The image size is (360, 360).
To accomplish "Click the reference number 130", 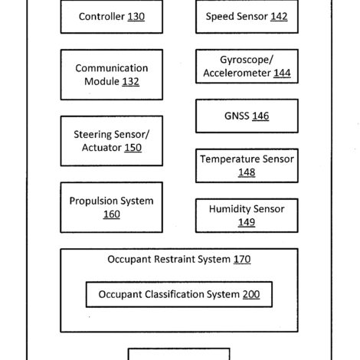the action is [x=136, y=17].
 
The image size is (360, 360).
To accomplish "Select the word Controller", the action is [x=102, y=17].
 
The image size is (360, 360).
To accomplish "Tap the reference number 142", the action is [x=279, y=17].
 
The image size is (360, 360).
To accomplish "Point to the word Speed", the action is [x=221, y=17].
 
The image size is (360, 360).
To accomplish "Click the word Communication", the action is [x=112, y=68].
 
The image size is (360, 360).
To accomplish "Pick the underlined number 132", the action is [x=130, y=82].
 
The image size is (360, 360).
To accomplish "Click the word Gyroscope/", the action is [x=247, y=60].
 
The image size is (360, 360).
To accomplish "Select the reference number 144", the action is [x=282, y=74].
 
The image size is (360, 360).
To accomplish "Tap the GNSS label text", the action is [x=237, y=116].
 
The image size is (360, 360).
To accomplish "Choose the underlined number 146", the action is [x=260, y=116].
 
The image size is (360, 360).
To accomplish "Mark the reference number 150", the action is [x=133, y=148].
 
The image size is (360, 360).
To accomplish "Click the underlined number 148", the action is [x=247, y=172].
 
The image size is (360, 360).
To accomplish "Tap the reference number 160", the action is [x=112, y=214].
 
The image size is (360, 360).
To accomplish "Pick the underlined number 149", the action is [x=247, y=222].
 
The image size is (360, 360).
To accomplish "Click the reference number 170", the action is [x=242, y=260].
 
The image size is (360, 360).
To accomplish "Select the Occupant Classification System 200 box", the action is [x=179, y=294].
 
